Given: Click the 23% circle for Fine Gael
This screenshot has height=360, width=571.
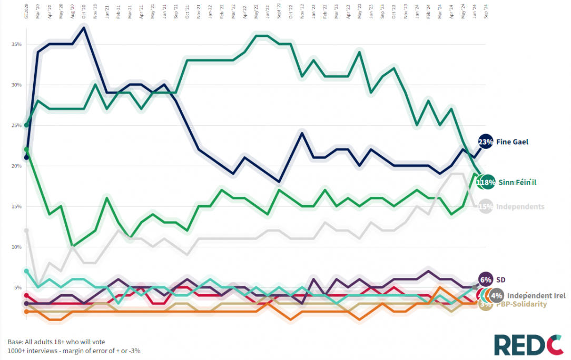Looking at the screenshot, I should [485, 142].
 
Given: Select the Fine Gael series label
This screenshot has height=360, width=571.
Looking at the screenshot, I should [512, 142].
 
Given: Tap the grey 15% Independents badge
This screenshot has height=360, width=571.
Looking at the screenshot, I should [485, 207].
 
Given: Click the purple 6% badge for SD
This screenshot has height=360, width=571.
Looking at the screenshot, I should [485, 279].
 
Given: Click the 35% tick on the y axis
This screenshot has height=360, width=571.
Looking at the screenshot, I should [16, 44].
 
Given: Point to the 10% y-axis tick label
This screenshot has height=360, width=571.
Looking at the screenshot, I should [16, 247].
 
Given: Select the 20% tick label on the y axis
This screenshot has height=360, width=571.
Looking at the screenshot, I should [16, 166].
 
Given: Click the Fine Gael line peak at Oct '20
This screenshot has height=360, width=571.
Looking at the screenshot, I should [84, 27].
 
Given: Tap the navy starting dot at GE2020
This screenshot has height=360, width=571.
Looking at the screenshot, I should [26, 157].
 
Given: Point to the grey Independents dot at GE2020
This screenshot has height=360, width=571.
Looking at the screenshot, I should [26, 231].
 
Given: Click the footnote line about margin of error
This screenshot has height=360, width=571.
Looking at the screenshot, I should [74, 351].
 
